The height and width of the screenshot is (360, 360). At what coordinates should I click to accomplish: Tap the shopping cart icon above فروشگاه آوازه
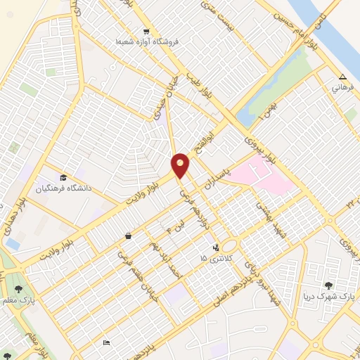146,32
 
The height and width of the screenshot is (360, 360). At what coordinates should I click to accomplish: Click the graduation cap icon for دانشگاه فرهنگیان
63,177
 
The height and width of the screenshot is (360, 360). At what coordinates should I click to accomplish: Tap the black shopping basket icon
128,236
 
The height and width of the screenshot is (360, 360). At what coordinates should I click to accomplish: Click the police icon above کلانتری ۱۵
216,247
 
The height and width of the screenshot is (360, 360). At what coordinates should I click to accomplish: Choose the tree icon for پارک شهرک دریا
328,285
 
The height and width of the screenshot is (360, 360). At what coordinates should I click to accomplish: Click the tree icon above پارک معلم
18,289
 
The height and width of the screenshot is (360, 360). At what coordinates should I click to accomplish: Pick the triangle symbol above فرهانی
342,77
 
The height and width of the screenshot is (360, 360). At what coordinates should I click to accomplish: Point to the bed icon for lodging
106,342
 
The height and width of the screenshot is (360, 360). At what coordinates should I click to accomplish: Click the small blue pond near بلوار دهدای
12,243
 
